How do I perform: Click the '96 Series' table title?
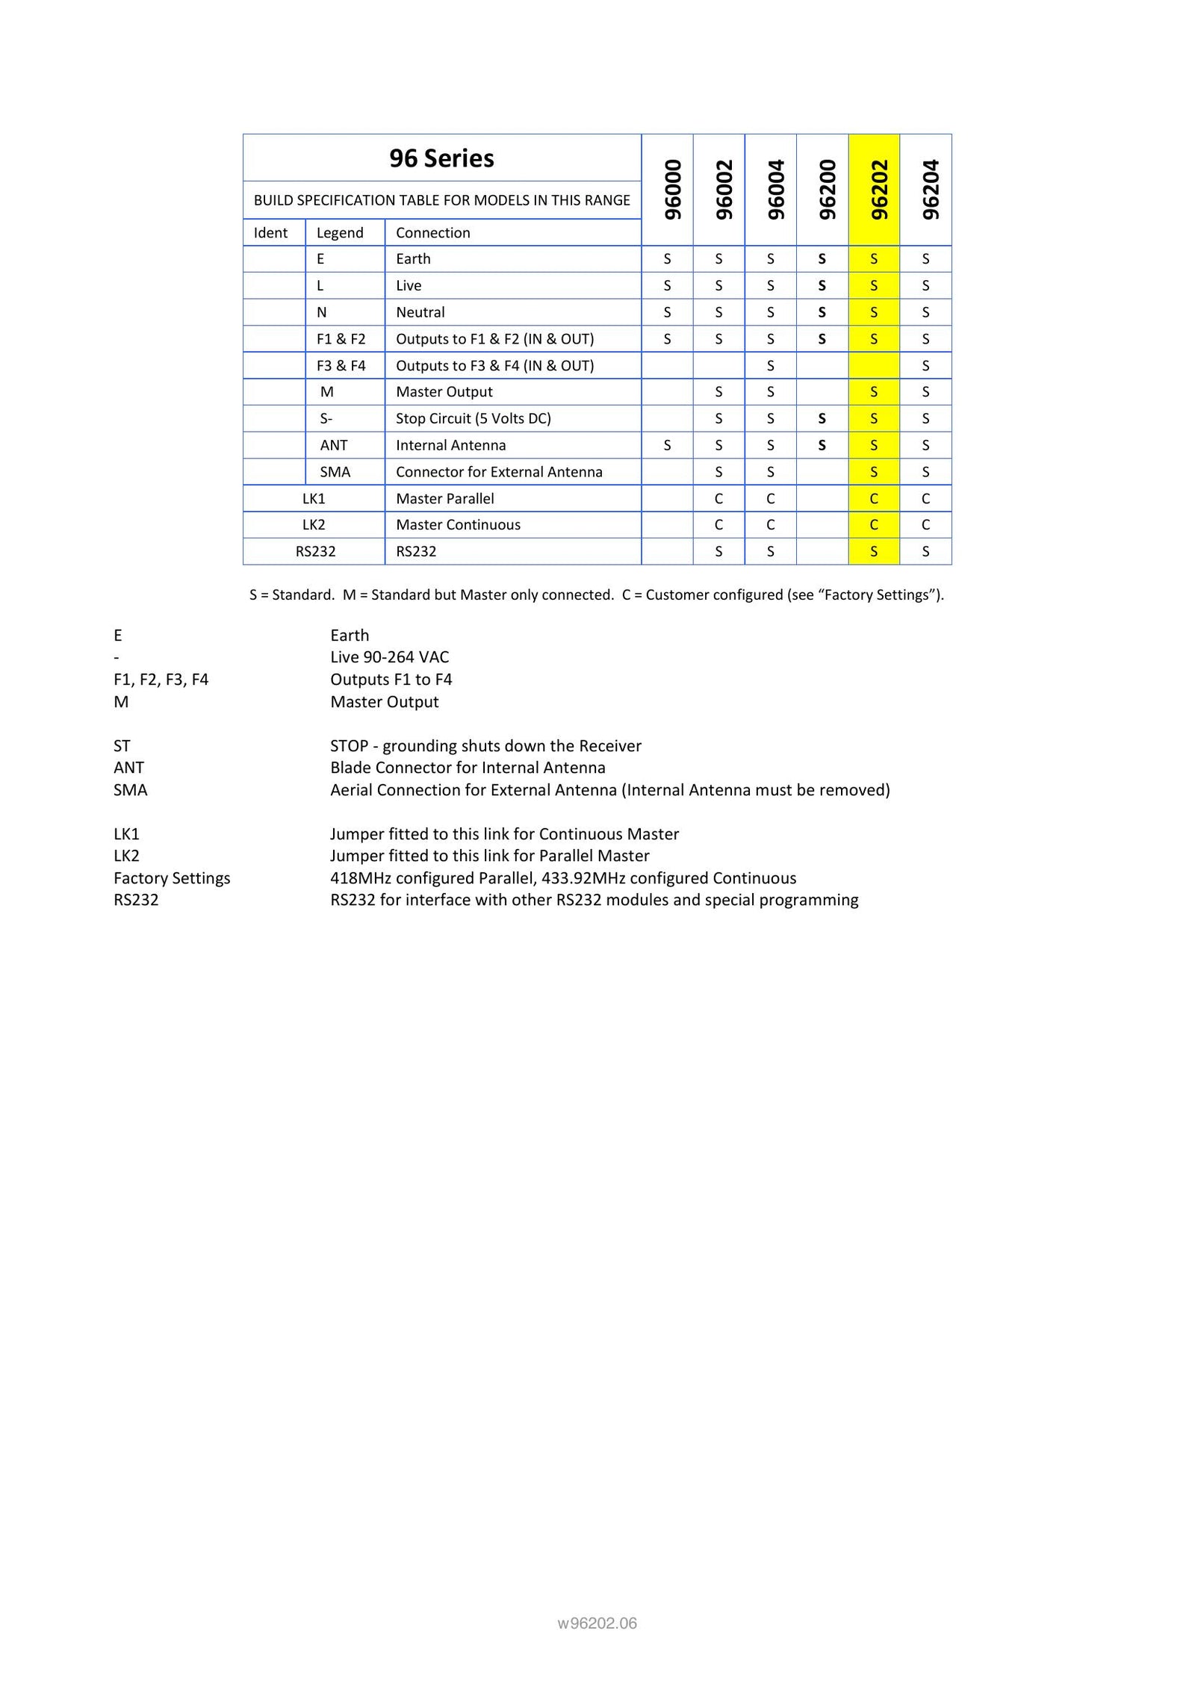441,158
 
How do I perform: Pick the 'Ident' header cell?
270,232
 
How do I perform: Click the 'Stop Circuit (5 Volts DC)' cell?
474,418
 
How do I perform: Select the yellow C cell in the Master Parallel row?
873,498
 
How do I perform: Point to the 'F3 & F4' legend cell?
341,365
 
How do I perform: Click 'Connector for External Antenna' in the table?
499,472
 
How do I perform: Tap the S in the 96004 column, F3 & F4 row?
770,365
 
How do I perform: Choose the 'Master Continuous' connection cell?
458,525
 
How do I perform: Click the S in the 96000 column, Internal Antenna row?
667,445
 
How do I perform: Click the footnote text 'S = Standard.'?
291,594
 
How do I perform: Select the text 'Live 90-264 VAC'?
389,657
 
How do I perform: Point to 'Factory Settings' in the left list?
172,878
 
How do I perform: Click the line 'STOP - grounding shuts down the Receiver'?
485,746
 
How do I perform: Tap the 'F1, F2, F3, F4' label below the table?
161,680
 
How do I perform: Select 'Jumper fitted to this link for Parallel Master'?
489,856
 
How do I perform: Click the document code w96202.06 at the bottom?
597,1623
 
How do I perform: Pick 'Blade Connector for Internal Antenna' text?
468,768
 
